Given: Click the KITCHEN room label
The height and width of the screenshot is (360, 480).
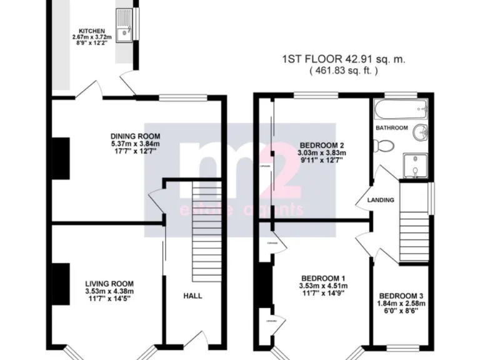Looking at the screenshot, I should click(x=91, y=31).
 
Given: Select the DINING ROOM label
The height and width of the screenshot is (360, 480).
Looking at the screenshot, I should click(x=135, y=136).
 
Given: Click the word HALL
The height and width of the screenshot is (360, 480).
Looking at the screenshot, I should click(x=193, y=296).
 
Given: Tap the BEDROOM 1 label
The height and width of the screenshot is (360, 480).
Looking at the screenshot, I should click(x=323, y=278).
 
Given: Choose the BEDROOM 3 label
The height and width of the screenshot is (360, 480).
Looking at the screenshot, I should click(x=399, y=296).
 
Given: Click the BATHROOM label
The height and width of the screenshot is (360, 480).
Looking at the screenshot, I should click(x=392, y=127).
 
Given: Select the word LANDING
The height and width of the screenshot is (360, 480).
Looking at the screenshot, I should click(x=381, y=201).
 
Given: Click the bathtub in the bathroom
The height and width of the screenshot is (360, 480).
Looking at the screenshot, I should click(x=401, y=111).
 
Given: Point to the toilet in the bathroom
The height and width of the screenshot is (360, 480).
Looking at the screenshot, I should click(x=382, y=146).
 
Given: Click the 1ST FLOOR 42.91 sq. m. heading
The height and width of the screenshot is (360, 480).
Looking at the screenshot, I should click(x=344, y=60).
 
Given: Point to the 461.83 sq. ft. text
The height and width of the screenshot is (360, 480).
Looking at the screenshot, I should click(x=344, y=72).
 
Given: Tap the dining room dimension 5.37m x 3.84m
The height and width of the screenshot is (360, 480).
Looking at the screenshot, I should click(x=135, y=144).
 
